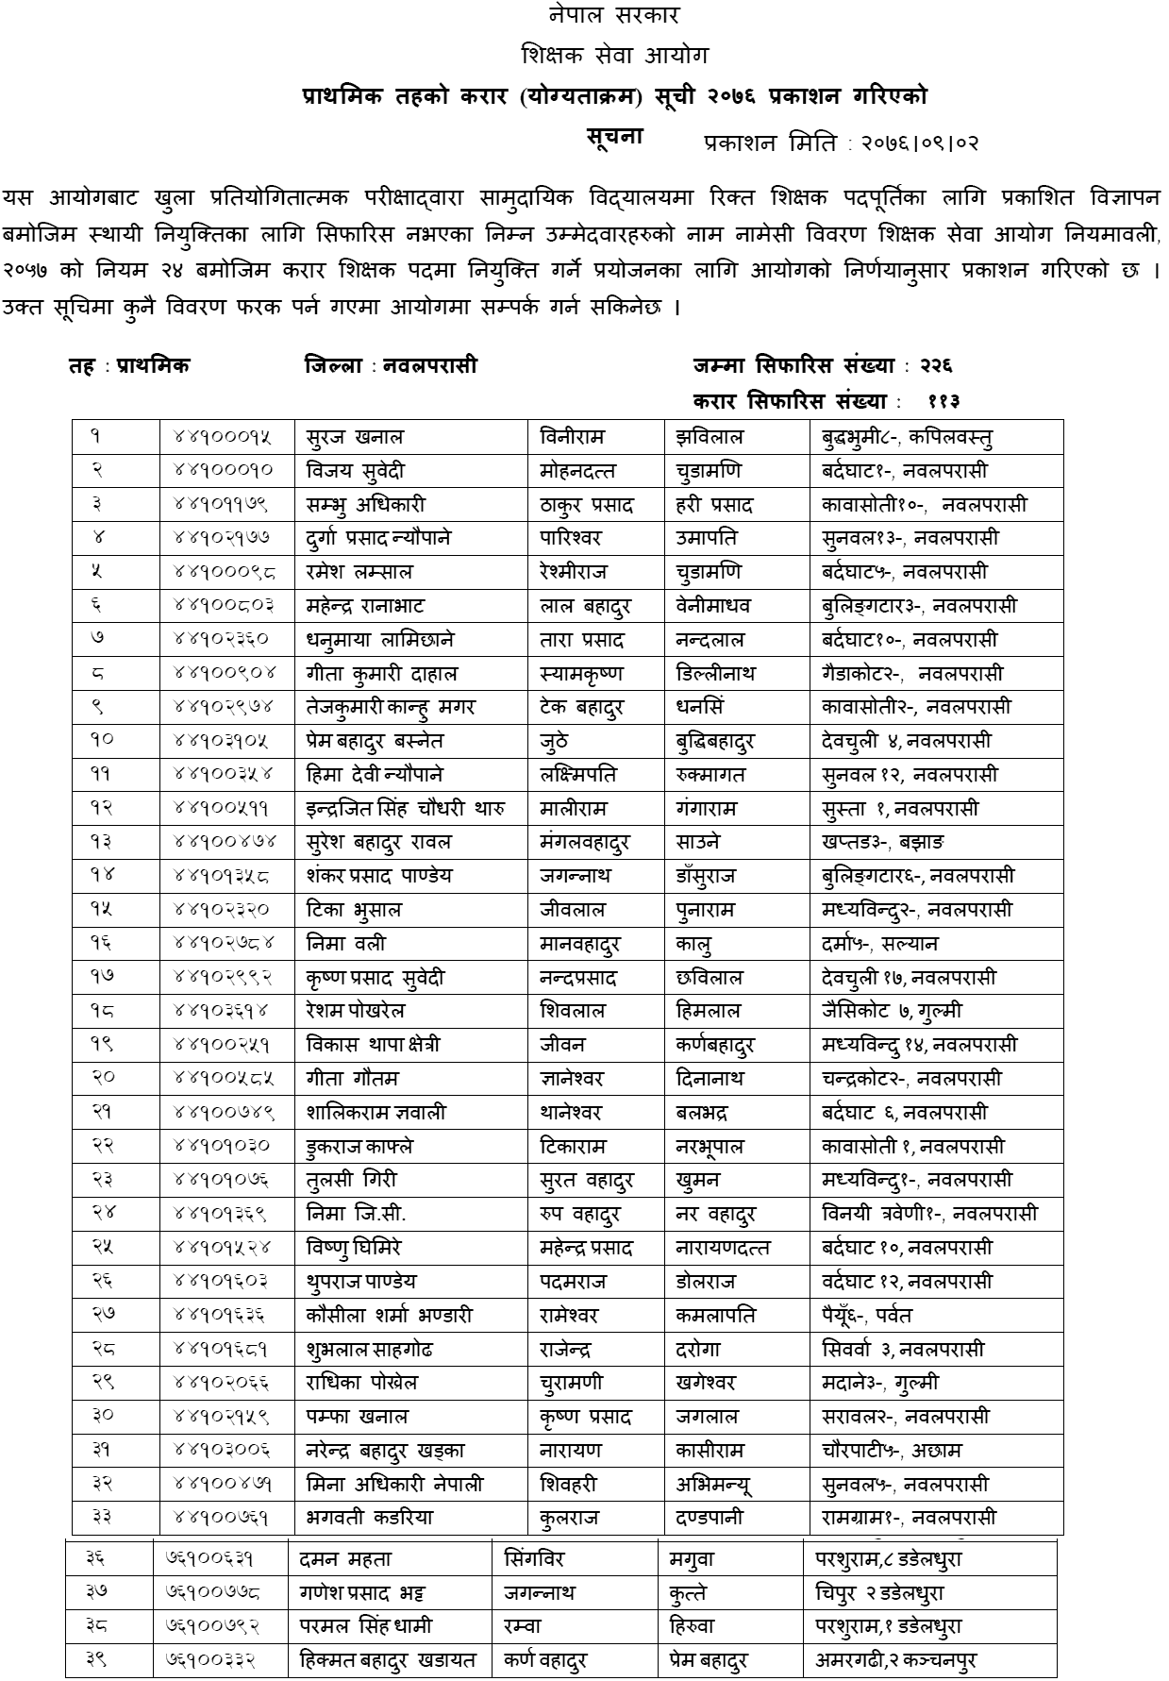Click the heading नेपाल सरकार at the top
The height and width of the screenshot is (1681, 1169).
click(x=613, y=16)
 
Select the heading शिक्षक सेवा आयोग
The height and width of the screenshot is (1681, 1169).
click(x=614, y=57)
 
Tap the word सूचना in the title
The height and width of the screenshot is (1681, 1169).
click(x=614, y=136)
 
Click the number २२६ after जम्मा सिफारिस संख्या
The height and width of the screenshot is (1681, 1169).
click(x=935, y=365)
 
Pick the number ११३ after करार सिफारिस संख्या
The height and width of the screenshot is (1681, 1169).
click(x=943, y=401)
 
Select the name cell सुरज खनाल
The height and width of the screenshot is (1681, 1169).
click(x=355, y=437)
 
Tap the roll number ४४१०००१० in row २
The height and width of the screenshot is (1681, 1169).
click(x=223, y=471)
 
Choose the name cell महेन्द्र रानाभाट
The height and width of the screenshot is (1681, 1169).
click(x=378, y=606)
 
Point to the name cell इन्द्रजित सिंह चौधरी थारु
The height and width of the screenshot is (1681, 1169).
click(x=406, y=809)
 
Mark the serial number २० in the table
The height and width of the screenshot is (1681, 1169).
click(x=104, y=1078)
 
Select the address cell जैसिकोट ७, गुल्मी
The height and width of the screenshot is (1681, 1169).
click(x=892, y=1011)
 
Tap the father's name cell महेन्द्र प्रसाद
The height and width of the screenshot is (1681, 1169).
click(x=586, y=1248)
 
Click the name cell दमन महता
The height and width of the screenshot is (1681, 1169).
click(x=344, y=1559)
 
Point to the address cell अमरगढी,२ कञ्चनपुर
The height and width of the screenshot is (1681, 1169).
click(x=895, y=1660)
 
